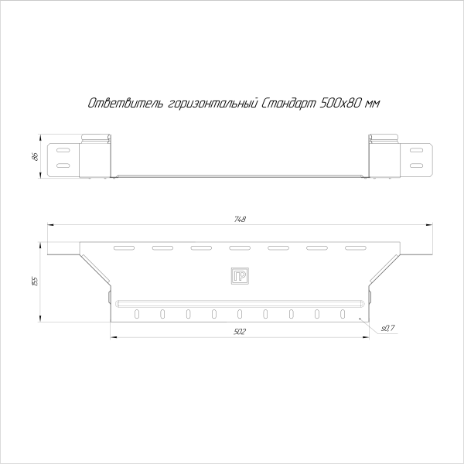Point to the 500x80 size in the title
click(339, 103)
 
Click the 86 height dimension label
click(35, 157)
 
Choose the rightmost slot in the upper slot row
click(355, 248)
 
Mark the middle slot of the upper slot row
click(239, 248)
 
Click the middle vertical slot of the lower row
click(240, 314)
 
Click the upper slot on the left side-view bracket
click(63, 149)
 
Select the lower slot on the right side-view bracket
click(416, 165)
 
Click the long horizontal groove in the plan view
click(239, 302)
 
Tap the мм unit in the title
click(374, 103)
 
